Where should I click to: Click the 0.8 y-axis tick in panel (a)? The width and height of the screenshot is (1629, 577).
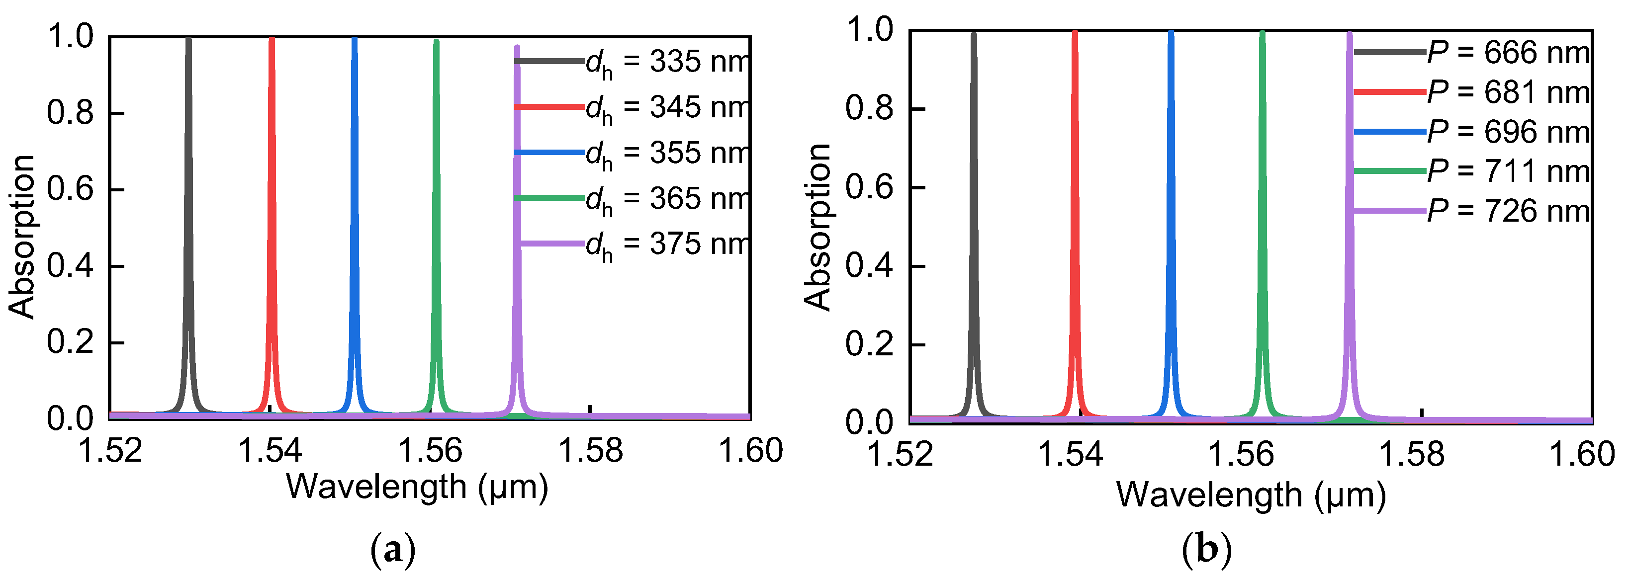[x=70, y=113]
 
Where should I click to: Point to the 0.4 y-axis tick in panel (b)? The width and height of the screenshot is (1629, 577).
[x=870, y=266]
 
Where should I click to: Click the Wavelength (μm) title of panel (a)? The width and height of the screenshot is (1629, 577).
[x=417, y=487]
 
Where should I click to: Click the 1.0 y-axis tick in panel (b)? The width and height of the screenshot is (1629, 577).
[x=870, y=30]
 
